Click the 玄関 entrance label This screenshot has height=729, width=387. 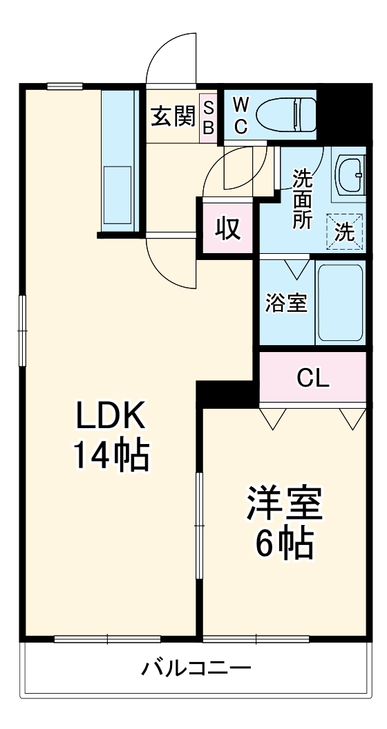(172, 117)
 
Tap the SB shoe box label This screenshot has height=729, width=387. (208, 117)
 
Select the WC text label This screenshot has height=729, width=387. (240, 116)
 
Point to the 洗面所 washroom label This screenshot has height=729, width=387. (302, 199)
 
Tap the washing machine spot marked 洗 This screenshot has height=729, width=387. (345, 230)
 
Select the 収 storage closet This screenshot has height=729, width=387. (227, 228)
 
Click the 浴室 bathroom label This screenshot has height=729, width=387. (287, 303)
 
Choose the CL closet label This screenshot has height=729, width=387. (313, 378)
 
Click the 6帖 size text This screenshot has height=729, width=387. (285, 545)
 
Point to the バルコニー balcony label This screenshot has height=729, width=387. (196, 668)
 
